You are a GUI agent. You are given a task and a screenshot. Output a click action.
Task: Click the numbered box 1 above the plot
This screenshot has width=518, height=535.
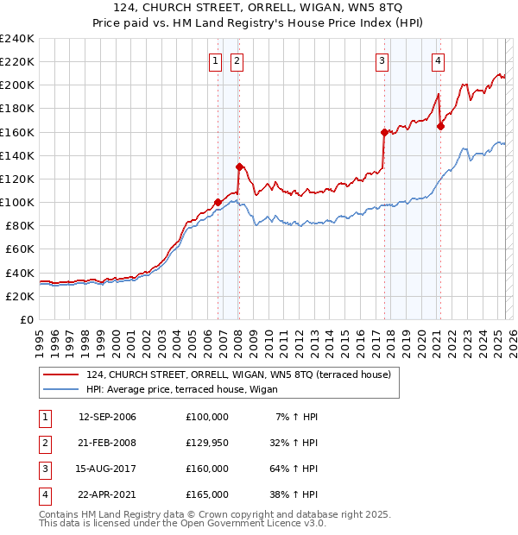[214, 60]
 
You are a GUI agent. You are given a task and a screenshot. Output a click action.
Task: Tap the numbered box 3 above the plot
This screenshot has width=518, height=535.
[382, 60]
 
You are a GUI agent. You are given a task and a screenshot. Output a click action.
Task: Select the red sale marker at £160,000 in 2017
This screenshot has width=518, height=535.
[384, 132]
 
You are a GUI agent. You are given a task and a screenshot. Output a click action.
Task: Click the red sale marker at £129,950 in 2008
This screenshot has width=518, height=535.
[239, 167]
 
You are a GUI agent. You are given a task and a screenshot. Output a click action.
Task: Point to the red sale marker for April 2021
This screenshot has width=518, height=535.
[440, 126]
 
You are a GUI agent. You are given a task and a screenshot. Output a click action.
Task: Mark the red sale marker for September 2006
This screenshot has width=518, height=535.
[218, 202]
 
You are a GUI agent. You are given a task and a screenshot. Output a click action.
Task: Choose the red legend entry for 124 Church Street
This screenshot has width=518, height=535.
[238, 374]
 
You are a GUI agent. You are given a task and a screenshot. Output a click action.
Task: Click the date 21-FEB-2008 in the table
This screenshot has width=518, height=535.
[107, 443]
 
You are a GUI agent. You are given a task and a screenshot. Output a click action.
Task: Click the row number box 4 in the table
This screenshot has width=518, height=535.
[43, 494]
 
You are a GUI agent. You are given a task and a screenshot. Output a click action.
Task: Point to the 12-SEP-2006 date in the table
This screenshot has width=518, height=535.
[107, 417]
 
